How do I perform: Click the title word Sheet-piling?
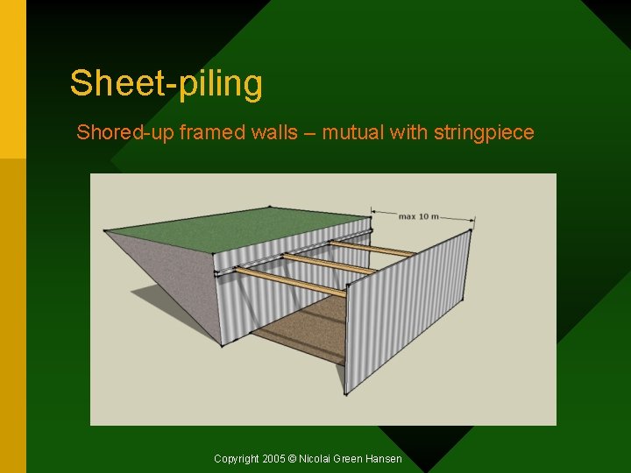[166, 84]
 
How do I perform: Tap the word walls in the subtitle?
[267, 133]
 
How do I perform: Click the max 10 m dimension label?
[418, 215]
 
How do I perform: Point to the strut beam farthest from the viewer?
[372, 248]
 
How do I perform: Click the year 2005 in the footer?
[273, 459]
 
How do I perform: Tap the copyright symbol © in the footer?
[293, 459]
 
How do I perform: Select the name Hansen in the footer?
[384, 459]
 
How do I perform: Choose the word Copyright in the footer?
[237, 459]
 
